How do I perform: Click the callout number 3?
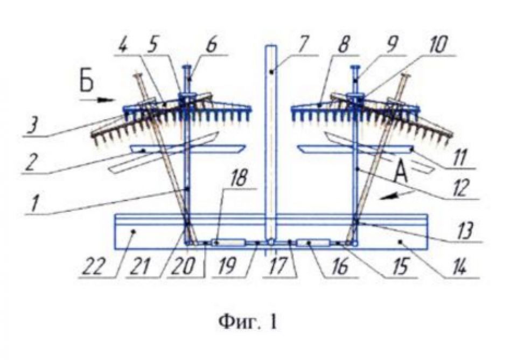tap(32, 126)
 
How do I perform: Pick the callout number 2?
tap(31, 164)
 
